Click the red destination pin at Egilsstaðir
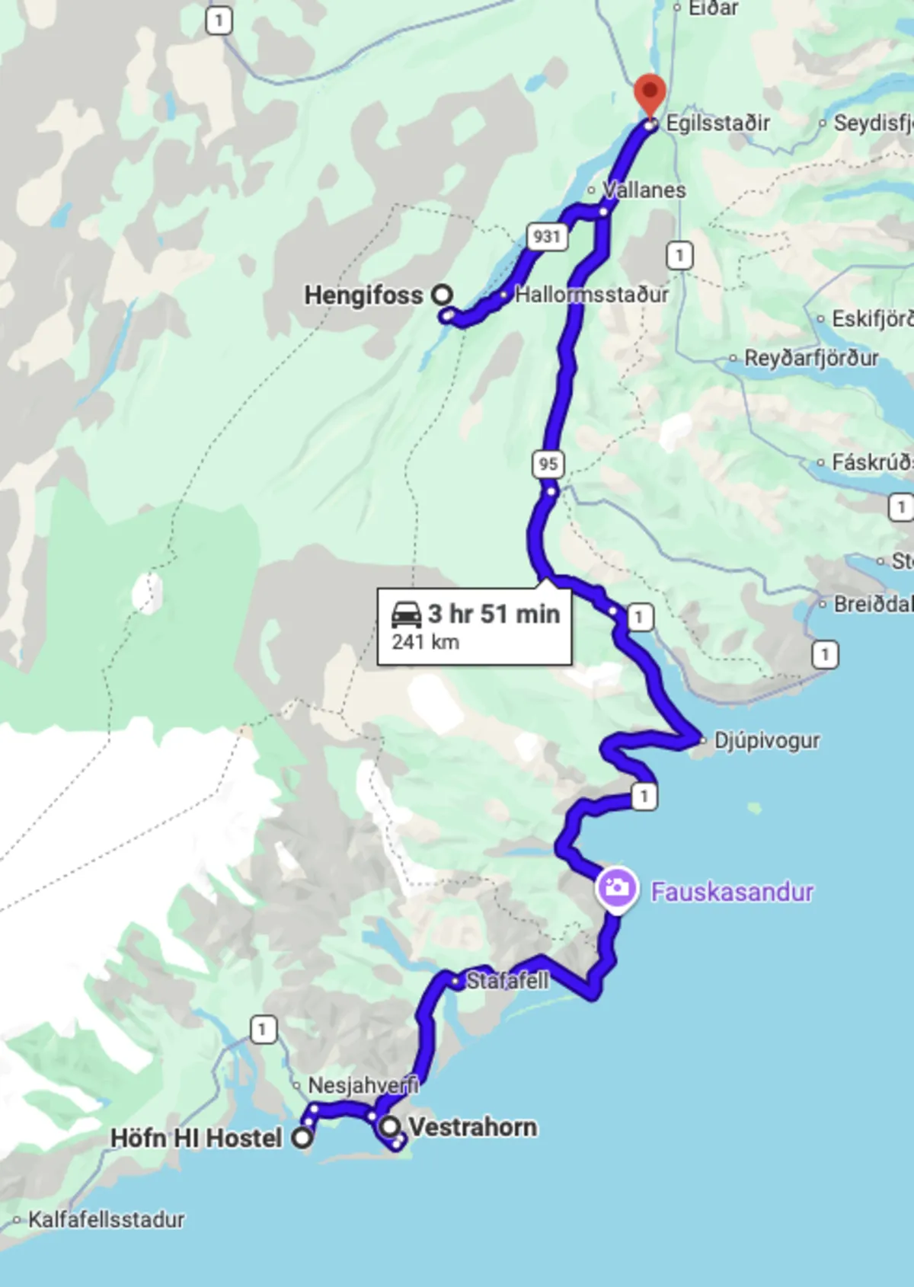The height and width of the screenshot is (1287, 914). pos(650,94)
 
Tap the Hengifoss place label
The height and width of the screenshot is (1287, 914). pos(363,295)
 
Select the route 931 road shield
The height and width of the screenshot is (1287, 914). pos(547,236)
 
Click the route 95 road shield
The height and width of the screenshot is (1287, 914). pos(548,463)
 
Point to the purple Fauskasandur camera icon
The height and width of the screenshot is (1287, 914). pos(616,888)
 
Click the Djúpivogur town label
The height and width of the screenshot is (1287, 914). pos(766,740)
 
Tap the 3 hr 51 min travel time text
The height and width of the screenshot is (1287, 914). pos(494,614)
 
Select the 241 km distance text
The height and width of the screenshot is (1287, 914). pos(425,642)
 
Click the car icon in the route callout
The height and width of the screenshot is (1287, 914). pos(406,614)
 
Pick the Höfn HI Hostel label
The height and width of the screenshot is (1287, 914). pos(196,1138)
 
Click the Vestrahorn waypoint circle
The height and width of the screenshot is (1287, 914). pos(390,1126)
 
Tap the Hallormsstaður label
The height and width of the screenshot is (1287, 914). pos(592,295)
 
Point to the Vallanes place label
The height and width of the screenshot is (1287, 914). pos(644,190)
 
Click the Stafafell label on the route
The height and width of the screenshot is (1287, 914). pos(507,981)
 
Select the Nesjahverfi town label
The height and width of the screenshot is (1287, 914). pos(363,1085)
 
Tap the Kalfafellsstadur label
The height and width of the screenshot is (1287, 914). pos(106,1219)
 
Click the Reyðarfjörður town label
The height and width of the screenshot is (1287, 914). pos(811,358)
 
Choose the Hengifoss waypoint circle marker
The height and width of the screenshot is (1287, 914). pos(442,294)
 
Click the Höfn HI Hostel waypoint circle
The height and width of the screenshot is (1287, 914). pos(303,1138)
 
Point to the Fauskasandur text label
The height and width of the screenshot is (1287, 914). pos(732,892)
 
